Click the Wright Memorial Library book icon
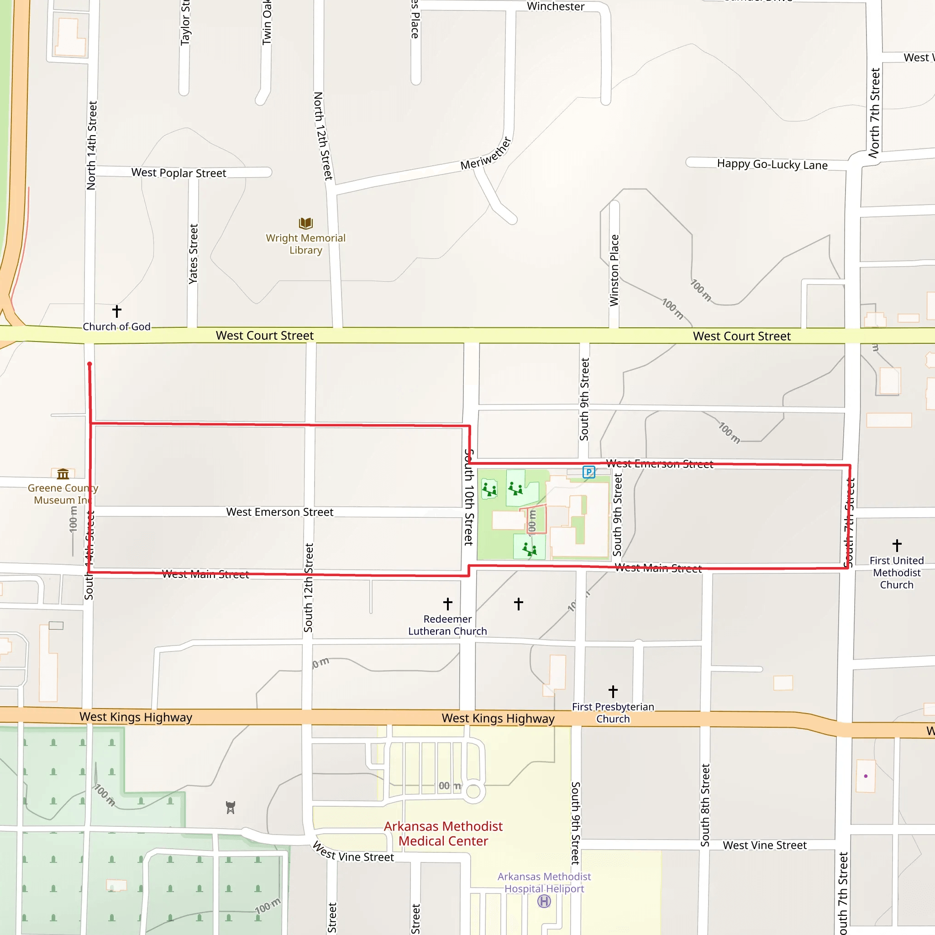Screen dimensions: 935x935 [x=306, y=223]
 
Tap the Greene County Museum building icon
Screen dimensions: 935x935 [x=63, y=473]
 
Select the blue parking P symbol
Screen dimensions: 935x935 [x=588, y=472]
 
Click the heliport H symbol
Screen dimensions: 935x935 [x=544, y=901]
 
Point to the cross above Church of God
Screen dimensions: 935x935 [x=116, y=311]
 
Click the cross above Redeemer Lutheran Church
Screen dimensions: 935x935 [x=448, y=604]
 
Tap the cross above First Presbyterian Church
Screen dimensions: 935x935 [x=613, y=691]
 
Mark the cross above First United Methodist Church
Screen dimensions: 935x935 [x=897, y=546]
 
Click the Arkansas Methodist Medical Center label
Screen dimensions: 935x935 [x=443, y=833]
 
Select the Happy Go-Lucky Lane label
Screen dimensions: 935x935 [x=772, y=164]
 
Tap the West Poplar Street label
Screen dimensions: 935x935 [x=179, y=173]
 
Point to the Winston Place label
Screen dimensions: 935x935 [x=614, y=270]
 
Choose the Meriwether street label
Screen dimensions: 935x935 [x=486, y=153]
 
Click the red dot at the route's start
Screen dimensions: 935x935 [x=89, y=364]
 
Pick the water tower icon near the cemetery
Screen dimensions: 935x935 [x=231, y=807]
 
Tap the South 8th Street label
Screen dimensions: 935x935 [x=705, y=805]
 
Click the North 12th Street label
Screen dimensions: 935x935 [x=323, y=136]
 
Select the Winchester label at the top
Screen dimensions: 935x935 [x=556, y=6]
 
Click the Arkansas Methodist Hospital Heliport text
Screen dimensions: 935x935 [x=544, y=883]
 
